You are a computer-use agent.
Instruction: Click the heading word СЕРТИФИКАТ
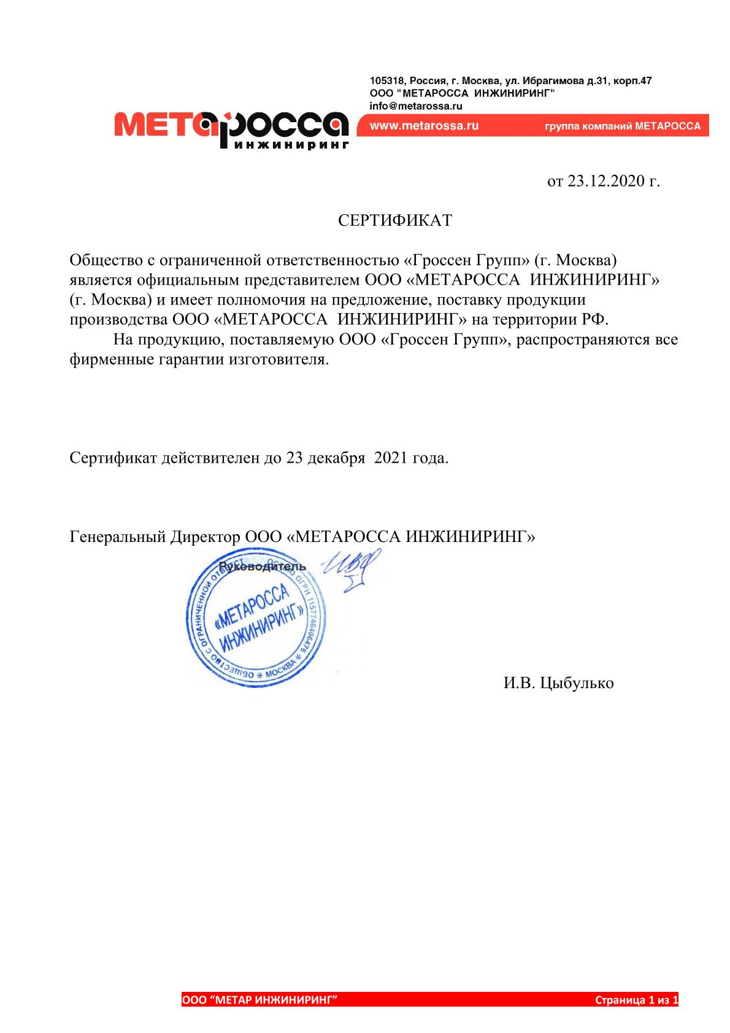coord(395,221)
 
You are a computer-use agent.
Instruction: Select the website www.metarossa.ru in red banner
coord(423,126)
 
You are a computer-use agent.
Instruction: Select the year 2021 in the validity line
coord(391,458)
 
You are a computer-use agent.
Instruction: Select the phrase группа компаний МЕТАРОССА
coord(622,127)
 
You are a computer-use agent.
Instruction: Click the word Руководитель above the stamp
coord(262,567)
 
